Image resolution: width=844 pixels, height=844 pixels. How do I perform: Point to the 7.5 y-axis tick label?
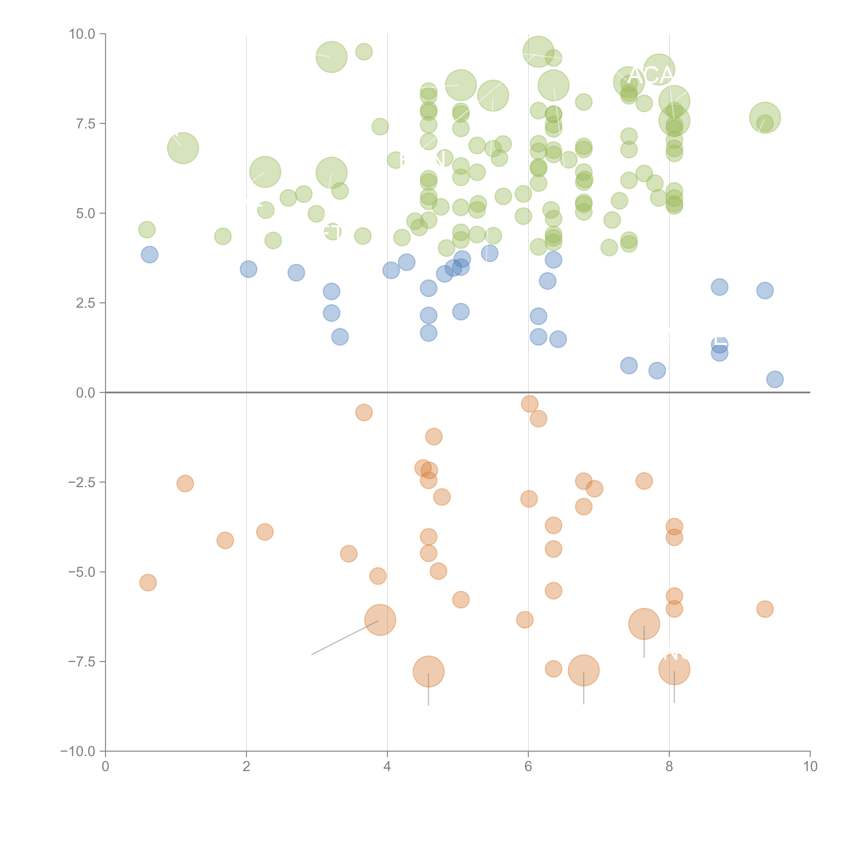(85, 124)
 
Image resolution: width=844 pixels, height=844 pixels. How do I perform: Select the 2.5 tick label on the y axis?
(85, 303)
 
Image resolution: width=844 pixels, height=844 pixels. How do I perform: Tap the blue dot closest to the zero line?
(775, 379)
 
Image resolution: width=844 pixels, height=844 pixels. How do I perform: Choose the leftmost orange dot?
(148, 582)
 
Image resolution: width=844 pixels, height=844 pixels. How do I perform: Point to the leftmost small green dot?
(147, 229)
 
